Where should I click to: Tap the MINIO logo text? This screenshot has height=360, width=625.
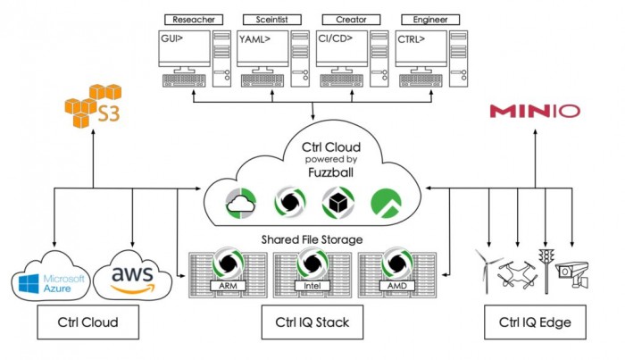[x=534, y=112]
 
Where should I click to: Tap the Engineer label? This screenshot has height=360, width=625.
[x=425, y=19]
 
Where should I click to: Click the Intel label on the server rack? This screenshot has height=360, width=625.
[x=312, y=286]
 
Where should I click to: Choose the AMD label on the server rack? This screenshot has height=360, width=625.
[x=397, y=286]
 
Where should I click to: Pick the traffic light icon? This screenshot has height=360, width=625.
[x=545, y=268]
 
